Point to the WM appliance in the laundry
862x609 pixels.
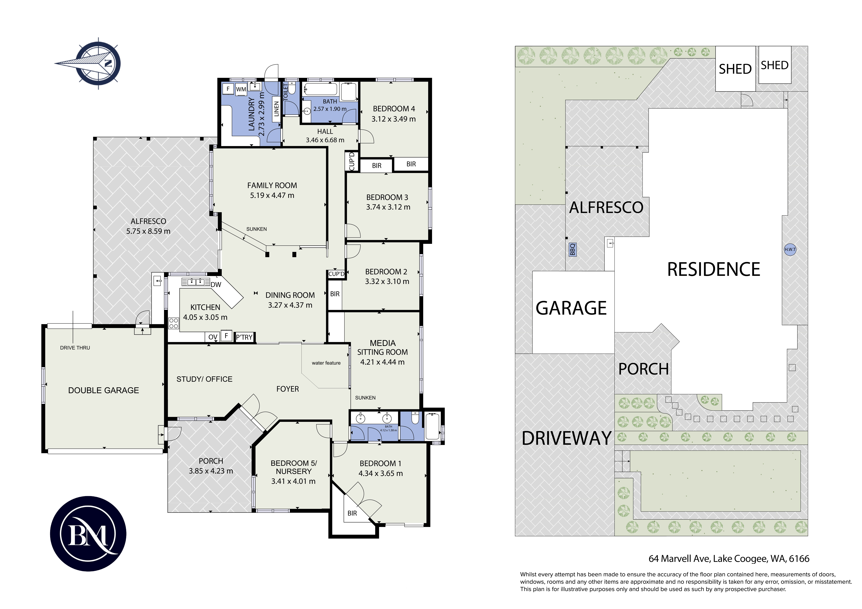point(241,89)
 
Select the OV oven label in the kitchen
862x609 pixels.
point(213,337)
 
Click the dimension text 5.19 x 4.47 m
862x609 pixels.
point(272,196)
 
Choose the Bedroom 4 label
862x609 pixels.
point(394,109)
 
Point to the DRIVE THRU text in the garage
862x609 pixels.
point(75,348)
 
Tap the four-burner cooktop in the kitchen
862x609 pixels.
point(173,323)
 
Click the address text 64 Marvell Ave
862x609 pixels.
point(679,559)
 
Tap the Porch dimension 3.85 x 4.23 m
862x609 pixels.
point(211,471)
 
